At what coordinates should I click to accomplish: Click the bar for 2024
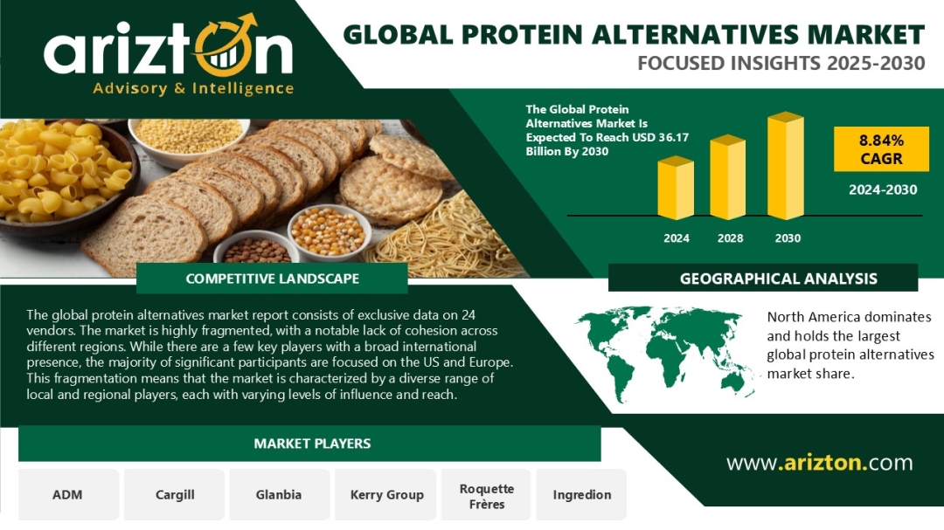click(x=676, y=188)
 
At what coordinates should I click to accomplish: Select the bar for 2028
click(x=728, y=177)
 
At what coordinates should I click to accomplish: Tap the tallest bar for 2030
click(x=786, y=165)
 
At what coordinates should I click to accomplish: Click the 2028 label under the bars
click(x=730, y=238)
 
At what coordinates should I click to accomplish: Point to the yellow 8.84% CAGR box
click(x=881, y=149)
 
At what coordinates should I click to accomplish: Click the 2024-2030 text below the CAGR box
click(x=883, y=190)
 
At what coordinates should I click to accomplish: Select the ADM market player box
click(x=68, y=494)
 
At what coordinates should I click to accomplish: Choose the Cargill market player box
click(x=175, y=494)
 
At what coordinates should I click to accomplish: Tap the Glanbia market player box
click(x=280, y=494)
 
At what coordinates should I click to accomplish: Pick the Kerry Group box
click(x=386, y=494)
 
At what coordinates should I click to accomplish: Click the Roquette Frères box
click(x=487, y=494)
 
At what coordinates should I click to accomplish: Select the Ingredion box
click(x=581, y=494)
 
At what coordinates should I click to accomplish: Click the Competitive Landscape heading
click(x=272, y=279)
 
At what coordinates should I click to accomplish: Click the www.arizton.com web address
click(x=819, y=463)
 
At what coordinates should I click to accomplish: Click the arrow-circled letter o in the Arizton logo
click(x=224, y=49)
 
